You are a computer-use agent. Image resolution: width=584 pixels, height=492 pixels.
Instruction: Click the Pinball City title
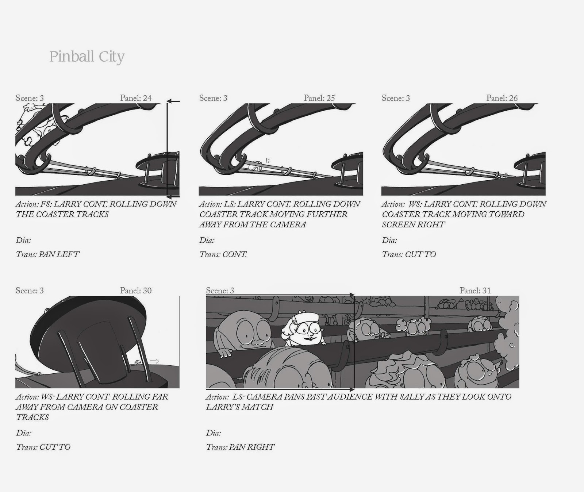coord(87,57)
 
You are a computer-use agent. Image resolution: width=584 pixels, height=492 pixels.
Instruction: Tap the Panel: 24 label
coord(136,98)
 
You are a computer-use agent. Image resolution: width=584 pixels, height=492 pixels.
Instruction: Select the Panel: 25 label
coord(319,98)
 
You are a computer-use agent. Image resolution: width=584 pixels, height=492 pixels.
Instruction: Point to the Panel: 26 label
coord(502,98)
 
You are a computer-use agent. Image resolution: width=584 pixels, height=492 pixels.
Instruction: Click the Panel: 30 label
coord(136,291)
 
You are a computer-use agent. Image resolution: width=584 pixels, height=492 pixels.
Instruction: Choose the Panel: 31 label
coord(475,291)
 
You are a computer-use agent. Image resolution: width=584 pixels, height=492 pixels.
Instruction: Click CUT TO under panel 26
coord(420,254)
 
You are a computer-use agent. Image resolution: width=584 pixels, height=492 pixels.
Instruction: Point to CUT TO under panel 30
coord(55,447)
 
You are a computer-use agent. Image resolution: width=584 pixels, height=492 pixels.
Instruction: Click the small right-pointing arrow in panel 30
coord(154,361)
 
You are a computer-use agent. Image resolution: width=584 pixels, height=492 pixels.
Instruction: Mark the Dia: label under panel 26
coord(389,240)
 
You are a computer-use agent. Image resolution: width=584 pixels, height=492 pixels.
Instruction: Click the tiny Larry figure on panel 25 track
coord(256,168)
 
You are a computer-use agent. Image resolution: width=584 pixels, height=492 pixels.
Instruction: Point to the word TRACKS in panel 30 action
coord(32,417)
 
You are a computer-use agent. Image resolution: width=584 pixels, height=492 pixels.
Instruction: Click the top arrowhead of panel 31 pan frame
coord(352,294)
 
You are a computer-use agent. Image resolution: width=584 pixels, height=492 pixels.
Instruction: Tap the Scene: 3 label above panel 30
coord(30,291)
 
